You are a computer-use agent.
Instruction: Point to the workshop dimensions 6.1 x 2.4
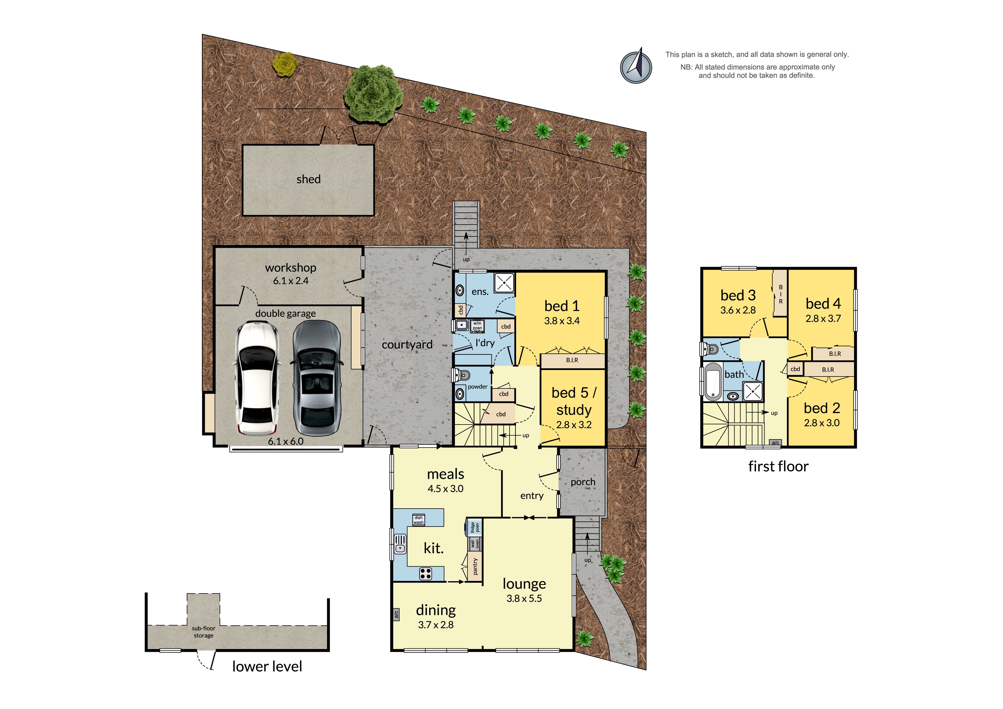pos(290,281)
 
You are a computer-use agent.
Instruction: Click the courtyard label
pos(407,345)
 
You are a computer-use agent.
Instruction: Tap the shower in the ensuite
pos(504,283)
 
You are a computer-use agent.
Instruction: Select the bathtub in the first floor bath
pos(713,381)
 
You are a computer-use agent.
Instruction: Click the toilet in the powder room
pos(461,375)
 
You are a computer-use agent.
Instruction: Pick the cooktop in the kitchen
pos(425,573)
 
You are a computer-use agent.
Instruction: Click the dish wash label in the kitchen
pos(419,520)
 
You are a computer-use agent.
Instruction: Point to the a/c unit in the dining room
pos(396,615)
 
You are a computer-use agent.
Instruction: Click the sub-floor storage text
pos(204,632)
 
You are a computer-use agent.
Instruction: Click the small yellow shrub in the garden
pos(285,64)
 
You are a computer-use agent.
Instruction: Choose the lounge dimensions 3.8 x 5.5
pos(524,598)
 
